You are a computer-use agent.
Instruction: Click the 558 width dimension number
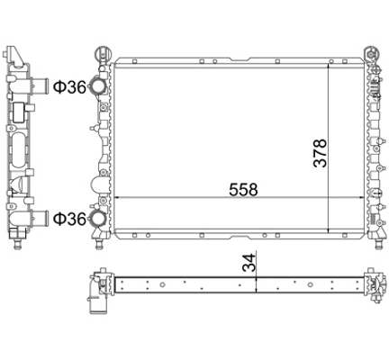[243, 189]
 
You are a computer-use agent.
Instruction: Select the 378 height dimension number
[320, 153]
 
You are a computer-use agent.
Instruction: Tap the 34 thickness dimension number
[249, 263]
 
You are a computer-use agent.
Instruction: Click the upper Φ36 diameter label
[69, 87]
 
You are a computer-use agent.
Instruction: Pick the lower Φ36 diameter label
[69, 219]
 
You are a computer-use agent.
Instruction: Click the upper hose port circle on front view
[98, 86]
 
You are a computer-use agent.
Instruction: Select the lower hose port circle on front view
[98, 219]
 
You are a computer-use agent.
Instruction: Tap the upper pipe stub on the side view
[40, 85]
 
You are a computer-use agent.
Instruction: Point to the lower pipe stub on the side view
[40, 219]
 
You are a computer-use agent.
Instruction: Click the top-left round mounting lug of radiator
[103, 54]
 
